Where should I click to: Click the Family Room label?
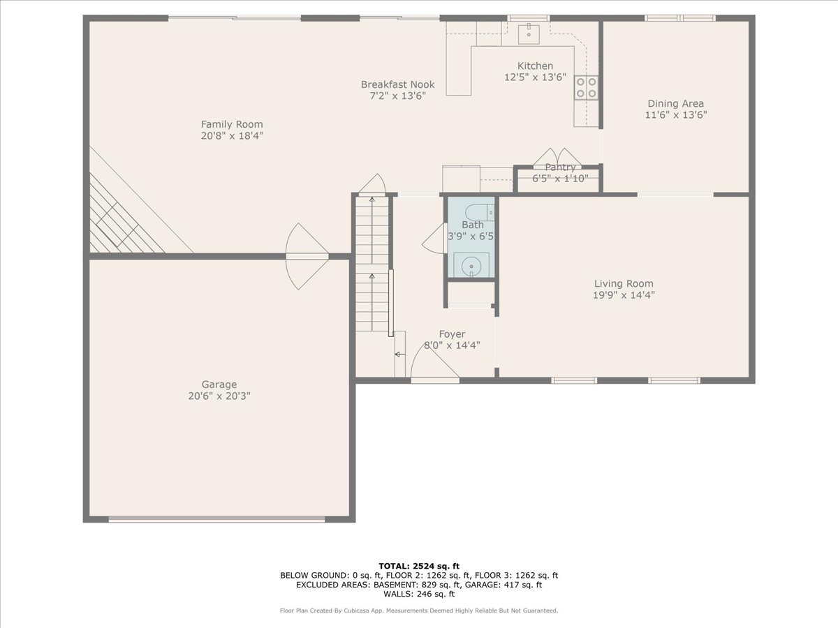tap(232, 124)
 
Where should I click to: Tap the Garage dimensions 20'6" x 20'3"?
tap(219, 396)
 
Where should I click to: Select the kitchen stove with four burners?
tap(586, 87)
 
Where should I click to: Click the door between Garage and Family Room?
tap(306, 256)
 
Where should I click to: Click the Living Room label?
tap(624, 283)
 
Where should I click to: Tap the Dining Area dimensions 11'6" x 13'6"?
tap(675, 116)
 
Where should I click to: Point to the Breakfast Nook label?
tap(393, 84)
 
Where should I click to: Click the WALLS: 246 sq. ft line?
tap(418, 595)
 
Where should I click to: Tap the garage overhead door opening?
tap(216, 518)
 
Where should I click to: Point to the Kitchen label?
tap(535, 66)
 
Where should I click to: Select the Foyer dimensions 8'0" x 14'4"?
tap(452, 345)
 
